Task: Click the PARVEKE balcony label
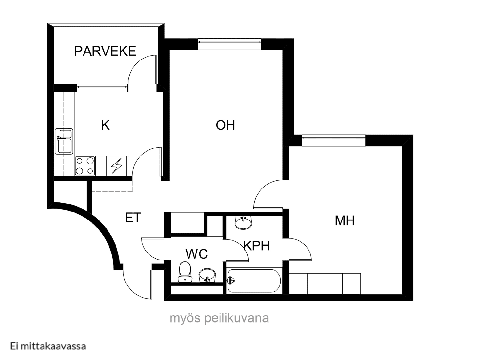pyautogui.click(x=105, y=51)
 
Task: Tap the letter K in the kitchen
pyautogui.click(x=105, y=125)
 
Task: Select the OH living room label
pyautogui.click(x=225, y=125)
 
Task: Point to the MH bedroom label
pyautogui.click(x=345, y=220)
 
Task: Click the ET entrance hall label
pyautogui.click(x=133, y=218)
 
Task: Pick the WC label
pyautogui.click(x=196, y=254)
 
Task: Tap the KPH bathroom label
pyautogui.click(x=257, y=245)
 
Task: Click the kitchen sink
pyautogui.click(x=64, y=141)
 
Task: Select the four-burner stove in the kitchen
pyautogui.click(x=85, y=166)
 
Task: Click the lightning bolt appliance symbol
pyautogui.click(x=116, y=166)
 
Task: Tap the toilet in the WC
pyautogui.click(x=185, y=272)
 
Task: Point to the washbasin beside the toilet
pyautogui.click(x=207, y=276)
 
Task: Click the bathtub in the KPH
pyautogui.click(x=254, y=281)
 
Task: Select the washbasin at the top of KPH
pyautogui.click(x=243, y=222)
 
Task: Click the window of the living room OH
pyautogui.click(x=229, y=44)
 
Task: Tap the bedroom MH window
pyautogui.click(x=334, y=140)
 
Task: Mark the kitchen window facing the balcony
pyautogui.click(x=102, y=88)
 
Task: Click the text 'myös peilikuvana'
pyautogui.click(x=219, y=318)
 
